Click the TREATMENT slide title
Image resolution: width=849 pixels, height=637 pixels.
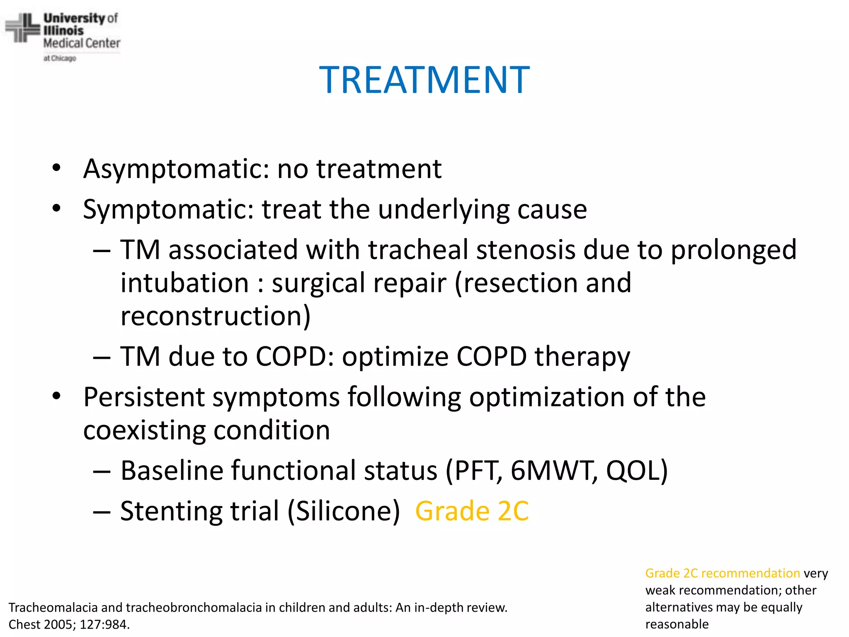coord(424,80)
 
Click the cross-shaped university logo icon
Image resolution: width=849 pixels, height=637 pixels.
coord(22,28)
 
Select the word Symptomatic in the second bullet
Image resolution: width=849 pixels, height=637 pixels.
coord(168,209)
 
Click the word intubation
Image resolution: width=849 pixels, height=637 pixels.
coord(185,283)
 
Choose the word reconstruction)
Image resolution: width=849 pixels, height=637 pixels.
coord(215,316)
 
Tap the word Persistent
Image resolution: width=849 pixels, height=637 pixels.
coord(144,397)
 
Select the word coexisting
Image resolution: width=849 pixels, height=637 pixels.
coord(144,430)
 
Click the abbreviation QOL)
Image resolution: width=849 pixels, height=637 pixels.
coord(637,470)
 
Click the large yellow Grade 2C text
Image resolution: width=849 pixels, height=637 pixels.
coord(472,511)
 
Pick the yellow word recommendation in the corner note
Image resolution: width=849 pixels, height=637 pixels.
coord(750,573)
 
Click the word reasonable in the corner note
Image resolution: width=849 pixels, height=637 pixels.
coord(677,624)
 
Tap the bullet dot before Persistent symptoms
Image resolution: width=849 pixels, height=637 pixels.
coord(57,396)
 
